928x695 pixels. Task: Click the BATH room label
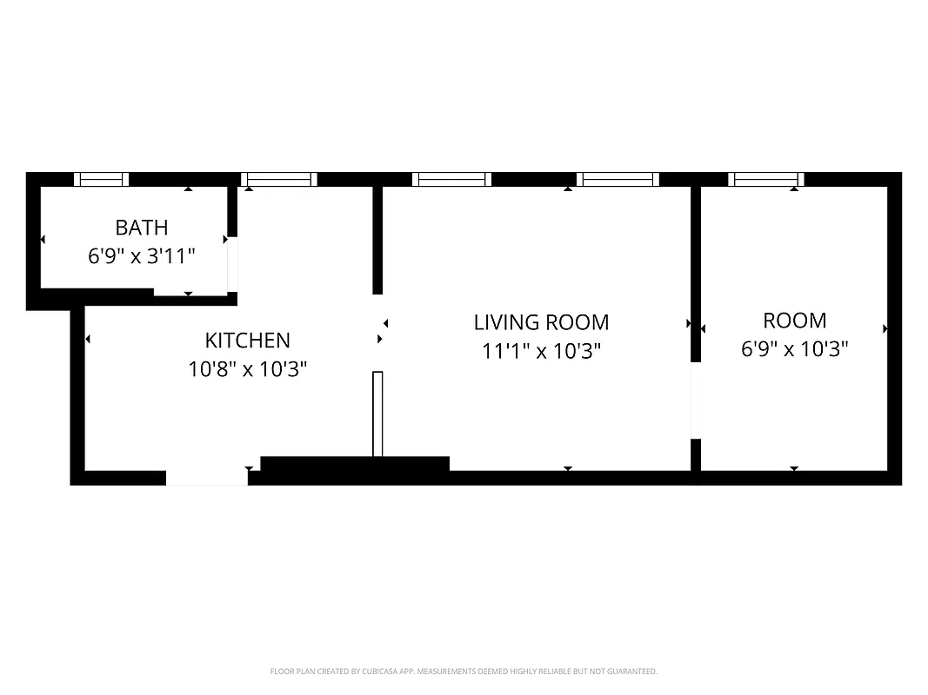[142, 228]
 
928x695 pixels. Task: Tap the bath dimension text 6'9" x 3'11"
[142, 256]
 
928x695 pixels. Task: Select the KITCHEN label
[247, 340]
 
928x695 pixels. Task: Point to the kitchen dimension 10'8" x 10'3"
[247, 369]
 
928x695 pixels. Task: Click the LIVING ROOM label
[541, 322]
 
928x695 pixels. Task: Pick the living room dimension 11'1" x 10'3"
[541, 352]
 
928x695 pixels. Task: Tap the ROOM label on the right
[794, 321]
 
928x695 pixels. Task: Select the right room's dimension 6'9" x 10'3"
[794, 349]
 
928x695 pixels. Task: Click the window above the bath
[101, 180]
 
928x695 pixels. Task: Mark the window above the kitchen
[278, 180]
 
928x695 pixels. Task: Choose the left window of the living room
[451, 180]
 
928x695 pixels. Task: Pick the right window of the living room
[618, 180]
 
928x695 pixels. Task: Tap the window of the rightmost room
[765, 180]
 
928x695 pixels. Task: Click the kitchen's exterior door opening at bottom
[207, 478]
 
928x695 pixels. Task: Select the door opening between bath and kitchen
[232, 264]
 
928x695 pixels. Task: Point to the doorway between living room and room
[695, 400]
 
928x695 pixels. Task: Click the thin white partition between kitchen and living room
[377, 414]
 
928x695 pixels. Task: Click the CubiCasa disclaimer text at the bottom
[464, 672]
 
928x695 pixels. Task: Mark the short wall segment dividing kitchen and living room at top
[377, 240]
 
